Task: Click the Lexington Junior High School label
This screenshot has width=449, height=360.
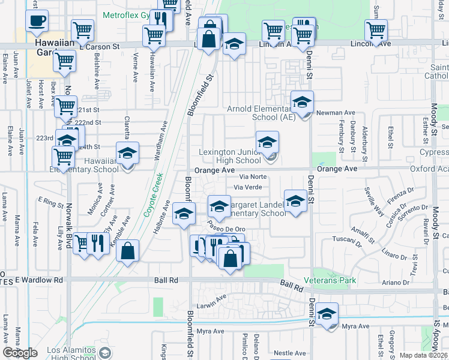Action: (x=231, y=157)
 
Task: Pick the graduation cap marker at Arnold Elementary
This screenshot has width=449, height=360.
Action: (x=303, y=103)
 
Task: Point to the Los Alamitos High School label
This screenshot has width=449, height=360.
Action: (x=65, y=353)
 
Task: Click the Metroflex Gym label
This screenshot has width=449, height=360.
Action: (x=127, y=14)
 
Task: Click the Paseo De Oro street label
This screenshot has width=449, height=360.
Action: (x=226, y=229)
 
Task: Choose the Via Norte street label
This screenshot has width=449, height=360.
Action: (x=253, y=177)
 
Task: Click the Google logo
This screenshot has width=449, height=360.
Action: (x=20, y=353)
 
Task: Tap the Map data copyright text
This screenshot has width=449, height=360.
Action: (x=423, y=355)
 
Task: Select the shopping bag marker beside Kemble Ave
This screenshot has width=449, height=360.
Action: (x=128, y=251)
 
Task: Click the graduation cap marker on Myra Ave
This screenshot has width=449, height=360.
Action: (x=327, y=314)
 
